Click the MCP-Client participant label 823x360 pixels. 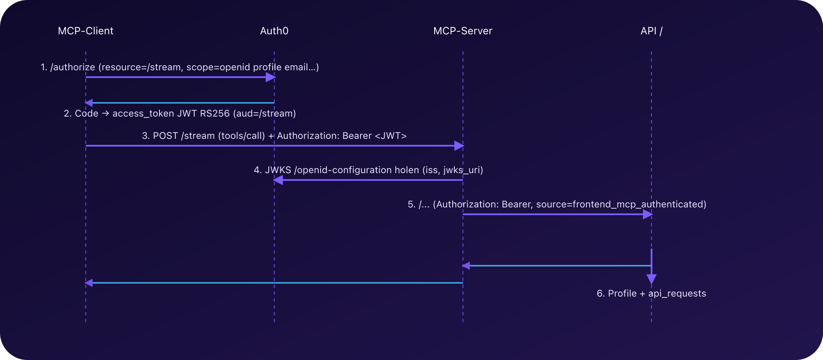click(86, 31)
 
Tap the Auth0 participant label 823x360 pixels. click(274, 31)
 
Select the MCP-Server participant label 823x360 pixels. click(463, 31)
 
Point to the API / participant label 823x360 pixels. click(652, 31)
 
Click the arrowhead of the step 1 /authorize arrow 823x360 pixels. click(270, 77)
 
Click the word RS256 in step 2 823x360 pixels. click(215, 114)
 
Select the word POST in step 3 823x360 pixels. click(165, 136)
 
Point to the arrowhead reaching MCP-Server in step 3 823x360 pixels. click(459, 146)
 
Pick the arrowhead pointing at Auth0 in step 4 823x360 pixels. click(278, 180)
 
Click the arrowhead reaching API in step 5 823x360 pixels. click(648, 214)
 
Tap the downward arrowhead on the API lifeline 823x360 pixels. click(652, 279)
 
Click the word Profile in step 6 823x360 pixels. click(622, 294)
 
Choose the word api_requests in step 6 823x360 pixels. click(677, 294)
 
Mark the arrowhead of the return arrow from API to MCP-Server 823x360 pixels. click(466, 266)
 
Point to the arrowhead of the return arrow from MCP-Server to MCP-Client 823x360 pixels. click(89, 283)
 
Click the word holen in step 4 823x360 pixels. click(407, 170)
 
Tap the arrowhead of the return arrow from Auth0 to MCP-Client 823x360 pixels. click(89, 103)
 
